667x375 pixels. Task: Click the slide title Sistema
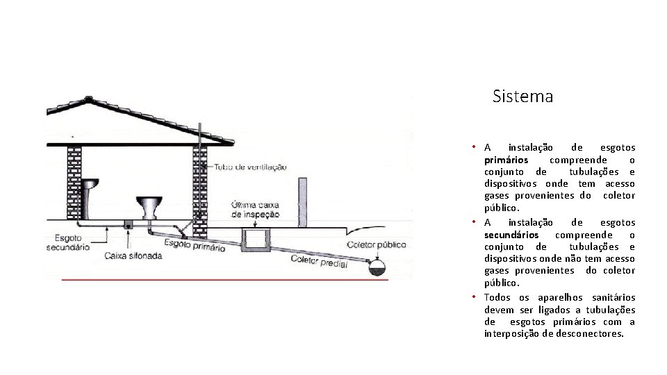click(x=522, y=97)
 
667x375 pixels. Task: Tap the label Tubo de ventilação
click(x=251, y=167)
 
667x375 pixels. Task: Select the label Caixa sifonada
click(x=134, y=255)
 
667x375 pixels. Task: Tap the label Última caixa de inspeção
click(x=256, y=210)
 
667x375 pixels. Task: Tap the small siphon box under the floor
click(x=129, y=225)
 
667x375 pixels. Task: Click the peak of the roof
click(x=92, y=97)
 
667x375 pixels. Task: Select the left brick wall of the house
click(x=73, y=184)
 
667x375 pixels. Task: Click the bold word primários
click(x=506, y=160)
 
